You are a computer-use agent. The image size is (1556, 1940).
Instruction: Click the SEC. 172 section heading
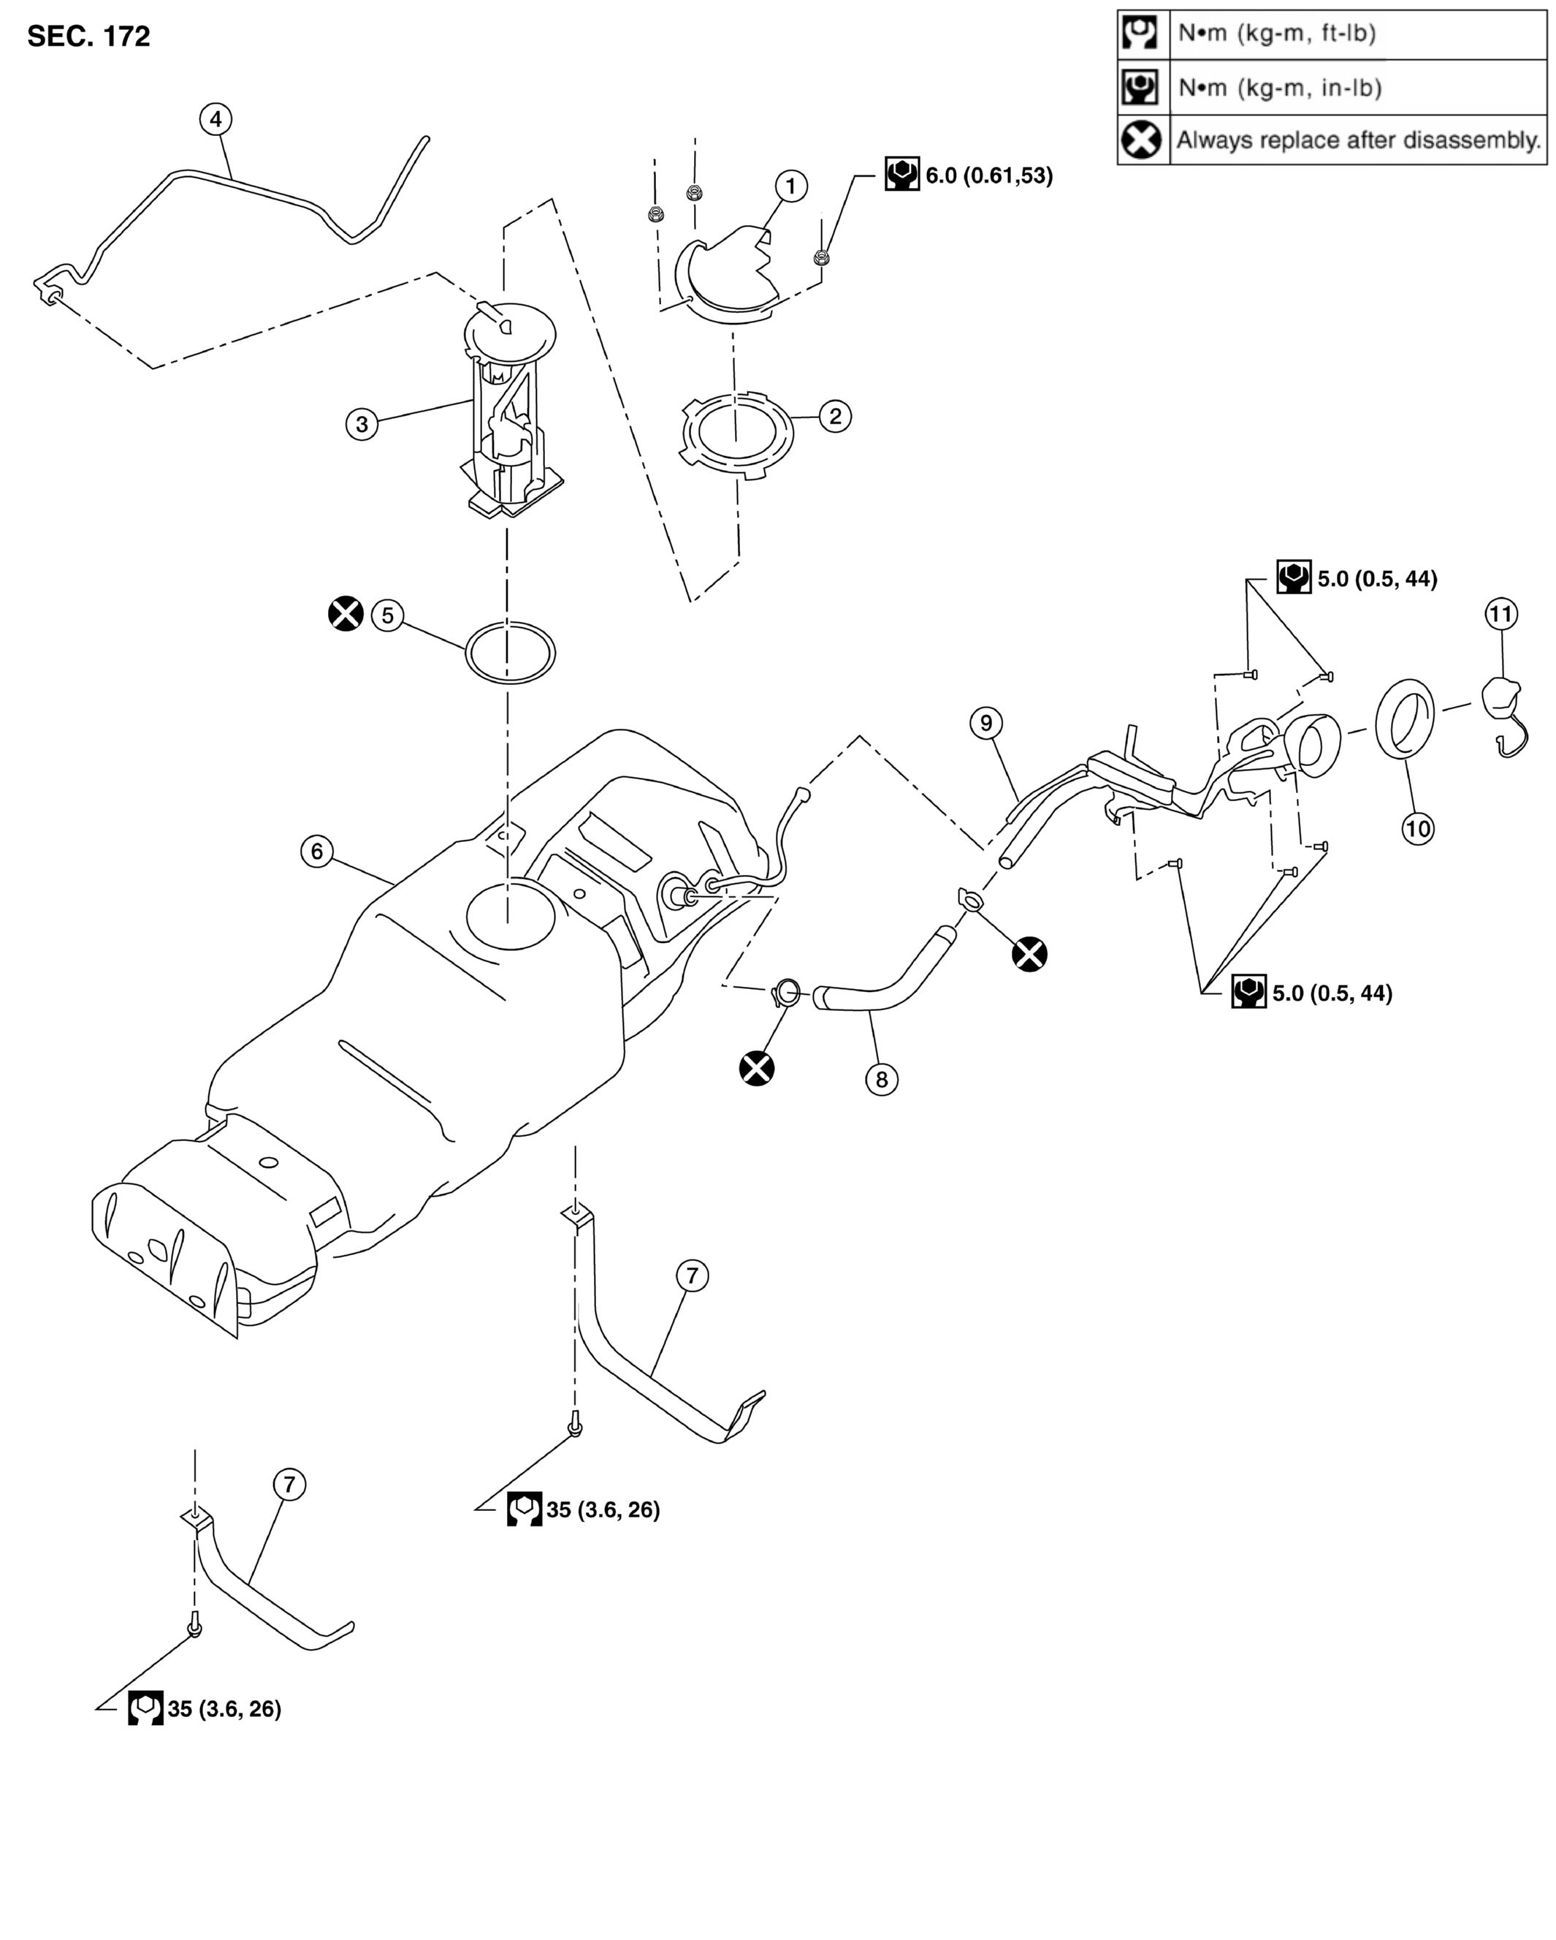(x=88, y=37)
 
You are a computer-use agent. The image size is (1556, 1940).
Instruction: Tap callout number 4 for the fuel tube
(x=216, y=118)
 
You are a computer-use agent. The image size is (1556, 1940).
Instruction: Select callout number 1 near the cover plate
(x=791, y=186)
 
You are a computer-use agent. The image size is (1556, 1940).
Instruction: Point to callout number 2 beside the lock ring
(x=836, y=416)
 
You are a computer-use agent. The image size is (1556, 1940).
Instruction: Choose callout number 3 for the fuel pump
(x=362, y=424)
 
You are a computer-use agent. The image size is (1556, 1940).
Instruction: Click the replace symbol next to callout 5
(x=346, y=614)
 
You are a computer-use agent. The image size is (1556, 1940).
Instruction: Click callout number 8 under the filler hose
(x=882, y=1079)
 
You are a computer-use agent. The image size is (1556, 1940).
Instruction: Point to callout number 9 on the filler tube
(x=987, y=722)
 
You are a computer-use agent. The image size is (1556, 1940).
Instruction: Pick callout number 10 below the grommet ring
(x=1419, y=828)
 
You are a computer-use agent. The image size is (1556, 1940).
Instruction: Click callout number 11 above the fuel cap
(x=1501, y=614)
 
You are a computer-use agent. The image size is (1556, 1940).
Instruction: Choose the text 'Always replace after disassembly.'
(x=1358, y=140)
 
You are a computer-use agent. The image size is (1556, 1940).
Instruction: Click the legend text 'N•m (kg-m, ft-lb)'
(x=1277, y=34)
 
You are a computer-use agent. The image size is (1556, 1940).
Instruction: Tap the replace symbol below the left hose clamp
(x=756, y=1068)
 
